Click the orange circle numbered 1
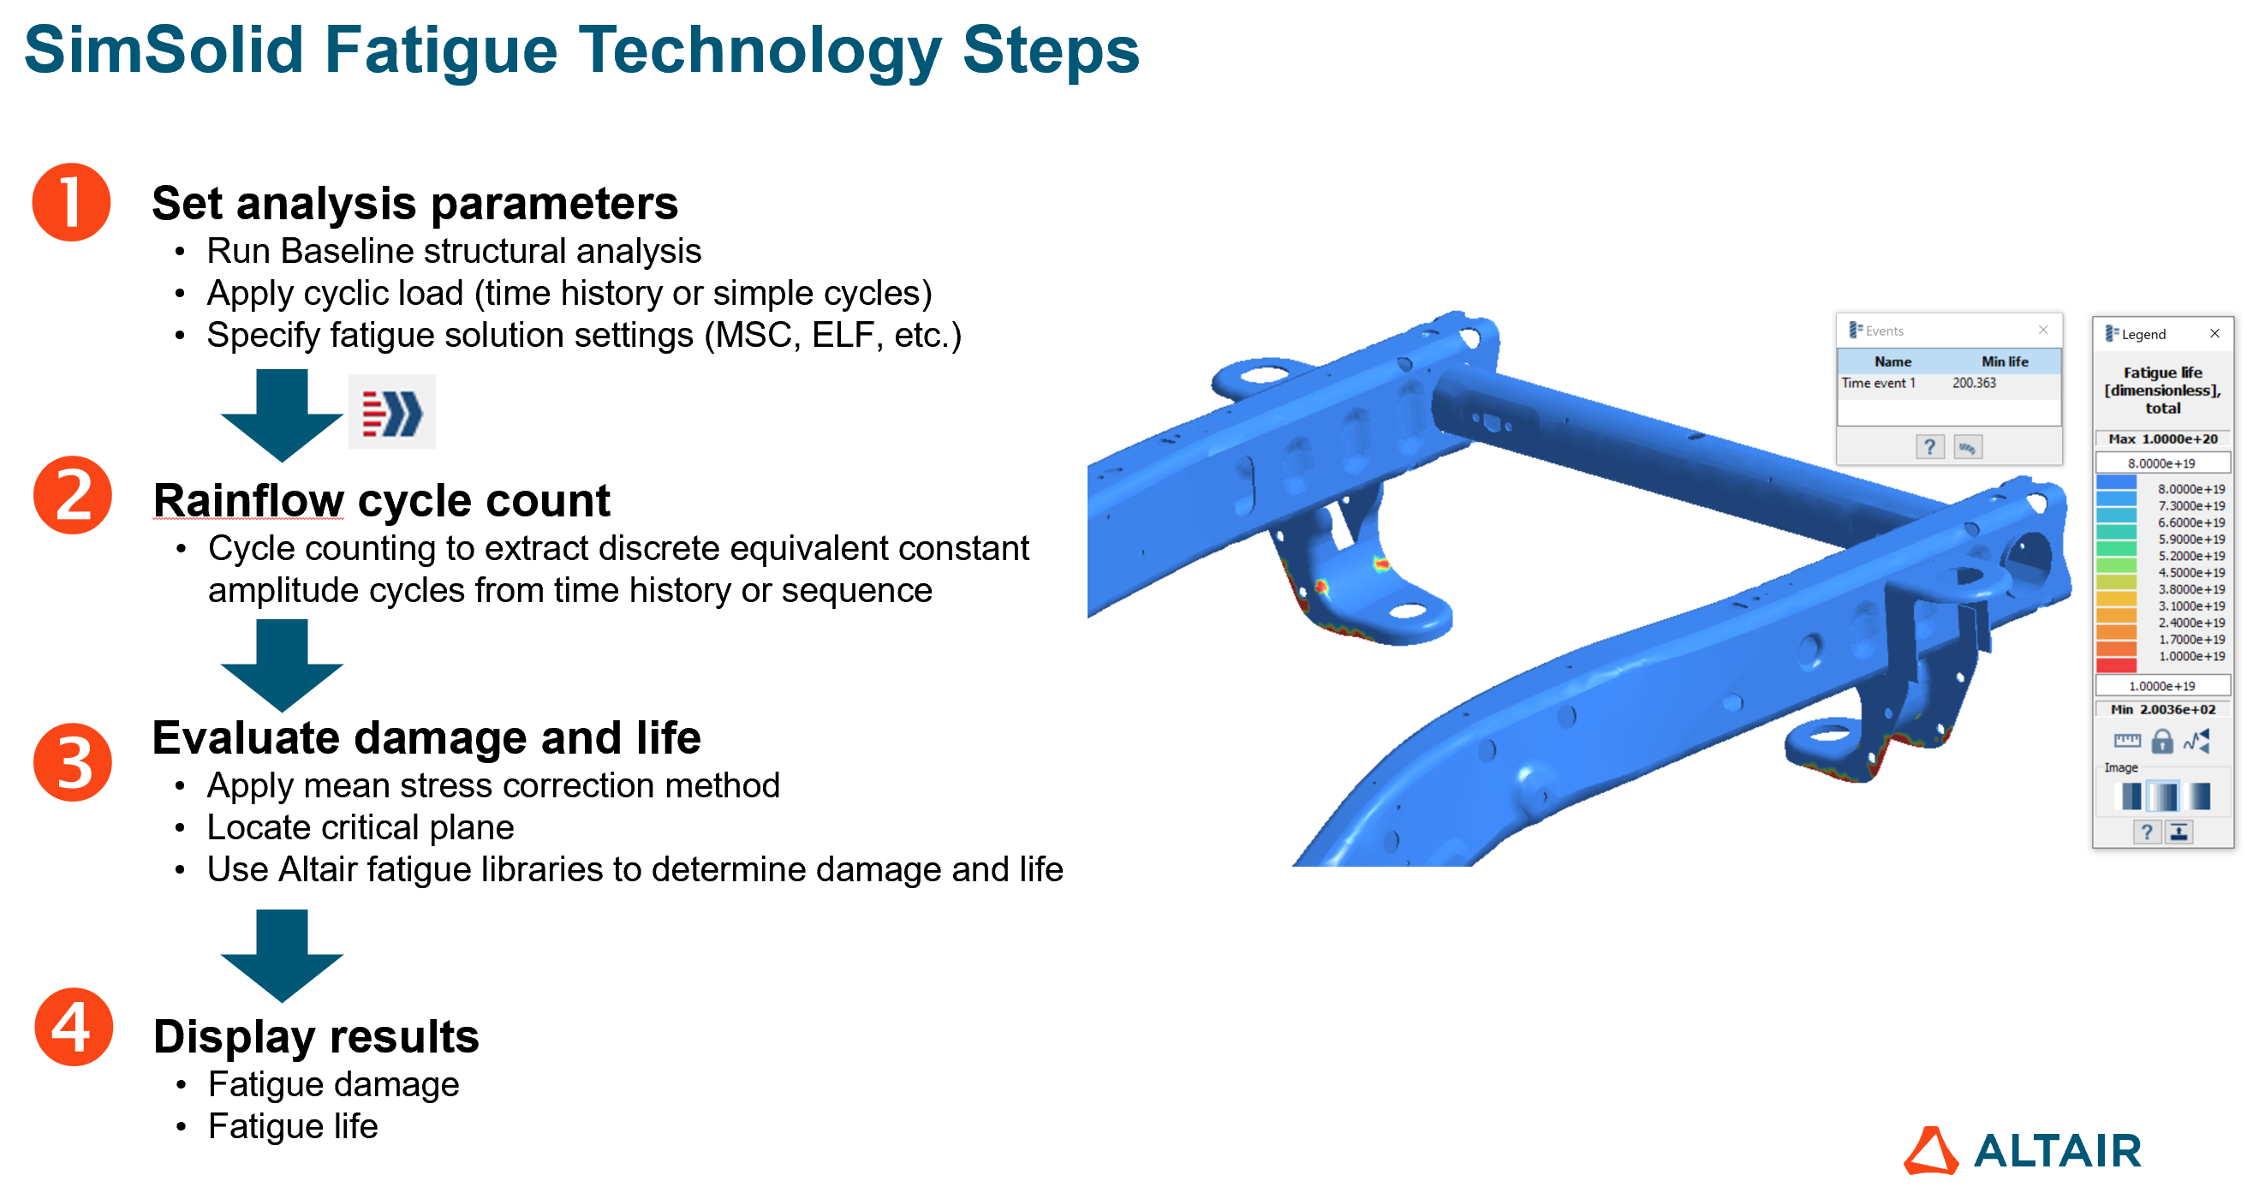[72, 202]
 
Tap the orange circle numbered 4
[74, 1027]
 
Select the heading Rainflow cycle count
[381, 501]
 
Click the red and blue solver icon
[391, 413]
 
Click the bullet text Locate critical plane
[361, 827]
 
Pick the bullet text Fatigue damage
[333, 1084]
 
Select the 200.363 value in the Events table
[1974, 383]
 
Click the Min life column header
[2005, 361]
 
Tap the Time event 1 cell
[1878, 383]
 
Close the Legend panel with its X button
[2214, 333]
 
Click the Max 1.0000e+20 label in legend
[2162, 438]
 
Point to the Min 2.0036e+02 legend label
[2162, 709]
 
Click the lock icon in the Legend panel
[2161, 742]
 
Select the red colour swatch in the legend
[2115, 665]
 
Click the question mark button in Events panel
[1929, 447]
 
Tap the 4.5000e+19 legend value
[2191, 572]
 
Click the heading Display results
[316, 1036]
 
